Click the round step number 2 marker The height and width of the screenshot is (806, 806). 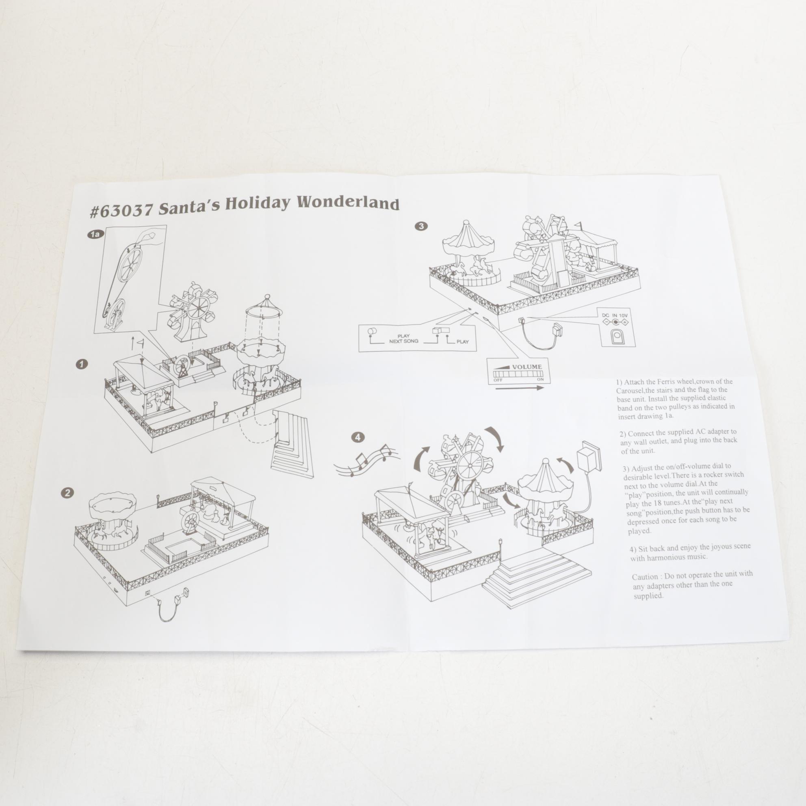pyautogui.click(x=67, y=493)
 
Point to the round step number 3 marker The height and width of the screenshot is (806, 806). pyautogui.click(x=422, y=226)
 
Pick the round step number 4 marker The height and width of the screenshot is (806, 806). pyautogui.click(x=358, y=437)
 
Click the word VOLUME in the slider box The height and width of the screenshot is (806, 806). pyautogui.click(x=527, y=367)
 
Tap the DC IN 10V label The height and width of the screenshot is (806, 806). pyautogui.click(x=615, y=315)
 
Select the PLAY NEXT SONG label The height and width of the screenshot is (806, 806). pyautogui.click(x=403, y=338)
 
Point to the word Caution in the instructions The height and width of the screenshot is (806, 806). pyautogui.click(x=645, y=577)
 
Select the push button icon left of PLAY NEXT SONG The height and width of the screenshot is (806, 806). pyautogui.click(x=371, y=331)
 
